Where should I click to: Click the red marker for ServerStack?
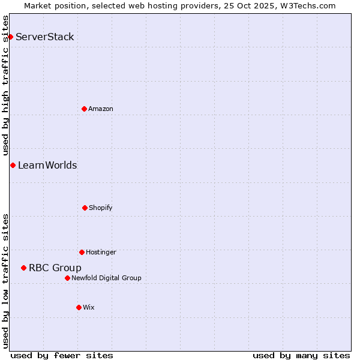point(10,37)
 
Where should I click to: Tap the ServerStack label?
point(45,37)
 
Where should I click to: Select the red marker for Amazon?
point(84,109)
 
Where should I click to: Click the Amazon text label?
point(101,109)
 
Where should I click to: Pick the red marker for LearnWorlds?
point(13,165)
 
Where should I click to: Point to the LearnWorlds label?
point(47,166)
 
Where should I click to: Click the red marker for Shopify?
point(85,208)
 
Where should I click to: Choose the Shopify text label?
point(101,208)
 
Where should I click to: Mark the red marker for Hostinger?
point(82,252)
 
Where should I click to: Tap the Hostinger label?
point(101,253)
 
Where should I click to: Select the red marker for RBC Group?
point(23,268)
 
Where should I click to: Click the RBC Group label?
point(55,268)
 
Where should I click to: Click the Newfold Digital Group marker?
point(67,278)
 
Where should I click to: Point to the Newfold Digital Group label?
point(106,278)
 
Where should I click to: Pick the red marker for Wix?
point(79,307)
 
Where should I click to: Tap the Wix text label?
point(89,308)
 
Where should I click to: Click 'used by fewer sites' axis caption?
point(62,355)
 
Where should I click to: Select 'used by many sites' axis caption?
point(301,355)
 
